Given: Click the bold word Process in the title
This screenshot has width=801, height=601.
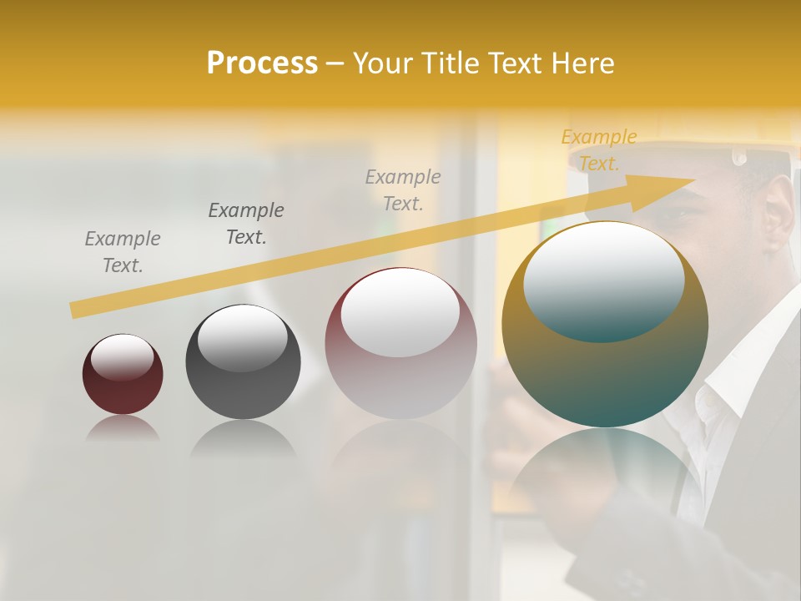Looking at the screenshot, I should (262, 63).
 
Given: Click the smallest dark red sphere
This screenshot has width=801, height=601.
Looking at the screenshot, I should (123, 374).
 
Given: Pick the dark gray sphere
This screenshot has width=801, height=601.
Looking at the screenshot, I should (243, 362).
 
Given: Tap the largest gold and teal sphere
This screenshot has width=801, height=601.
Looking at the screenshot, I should (605, 326).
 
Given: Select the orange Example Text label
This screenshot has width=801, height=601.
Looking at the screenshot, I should (599, 149).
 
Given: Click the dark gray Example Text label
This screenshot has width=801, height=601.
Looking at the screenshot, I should (246, 223).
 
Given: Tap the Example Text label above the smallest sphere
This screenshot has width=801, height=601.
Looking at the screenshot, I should (123, 251).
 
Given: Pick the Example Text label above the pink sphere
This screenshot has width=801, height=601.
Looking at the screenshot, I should (403, 189).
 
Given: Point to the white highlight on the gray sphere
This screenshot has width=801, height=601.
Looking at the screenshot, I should (242, 337).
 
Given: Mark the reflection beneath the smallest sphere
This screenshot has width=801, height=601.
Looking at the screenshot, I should (123, 429).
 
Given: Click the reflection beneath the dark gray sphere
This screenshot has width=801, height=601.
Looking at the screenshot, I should (243, 437).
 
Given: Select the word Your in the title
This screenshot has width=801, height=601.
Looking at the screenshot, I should (383, 63).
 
